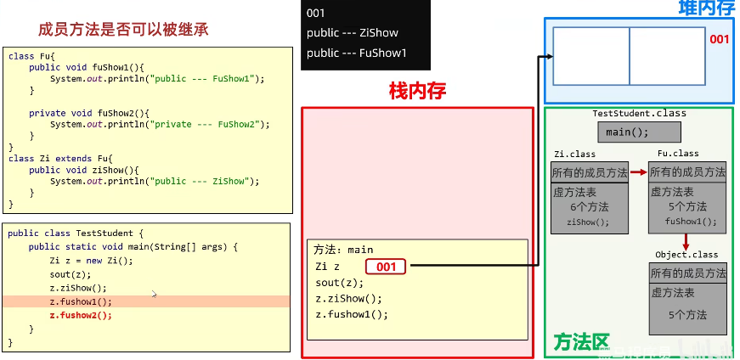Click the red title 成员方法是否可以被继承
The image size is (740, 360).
coord(123,30)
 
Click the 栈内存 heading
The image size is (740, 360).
coord(417,91)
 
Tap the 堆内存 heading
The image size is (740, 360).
coord(706,9)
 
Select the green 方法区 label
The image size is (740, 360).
coord(581,341)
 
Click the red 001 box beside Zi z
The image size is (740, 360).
coord(387,267)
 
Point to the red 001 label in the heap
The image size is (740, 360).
coord(719,39)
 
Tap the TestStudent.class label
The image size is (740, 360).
coord(639,113)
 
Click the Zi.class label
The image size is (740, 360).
coord(574,154)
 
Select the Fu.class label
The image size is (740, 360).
coord(678,154)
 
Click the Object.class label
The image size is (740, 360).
coord(686,255)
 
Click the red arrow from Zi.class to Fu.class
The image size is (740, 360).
coord(638,172)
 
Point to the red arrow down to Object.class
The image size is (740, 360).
coord(686,242)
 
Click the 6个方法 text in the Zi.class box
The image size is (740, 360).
coord(589,206)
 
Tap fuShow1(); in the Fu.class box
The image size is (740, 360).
coord(690,222)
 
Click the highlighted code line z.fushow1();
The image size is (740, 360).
coord(81,301)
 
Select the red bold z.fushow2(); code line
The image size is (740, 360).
coord(81,315)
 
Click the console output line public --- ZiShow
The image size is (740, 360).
coord(352,33)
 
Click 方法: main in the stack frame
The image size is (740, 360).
coord(343,250)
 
